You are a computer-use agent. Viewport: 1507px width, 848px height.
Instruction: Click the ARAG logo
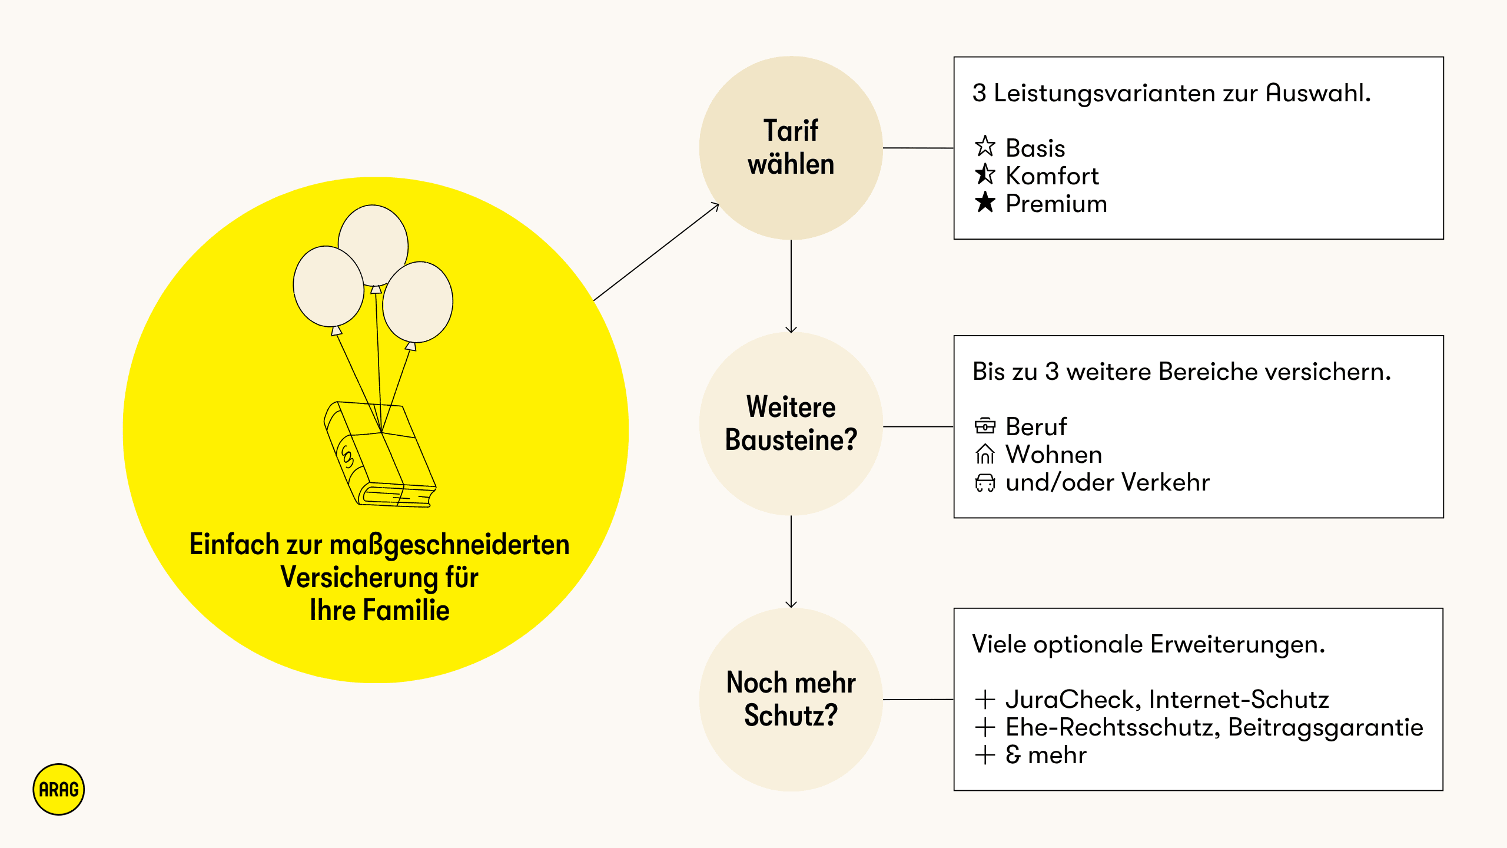(58, 789)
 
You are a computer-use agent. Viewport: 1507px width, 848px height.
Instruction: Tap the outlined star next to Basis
(985, 147)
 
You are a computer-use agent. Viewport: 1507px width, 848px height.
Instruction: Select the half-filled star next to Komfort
(985, 174)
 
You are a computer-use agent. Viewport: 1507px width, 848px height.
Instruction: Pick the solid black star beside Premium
(985, 203)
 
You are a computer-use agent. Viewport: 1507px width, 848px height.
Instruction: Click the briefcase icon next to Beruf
(985, 425)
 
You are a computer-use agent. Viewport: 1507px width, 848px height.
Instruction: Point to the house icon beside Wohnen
(985, 454)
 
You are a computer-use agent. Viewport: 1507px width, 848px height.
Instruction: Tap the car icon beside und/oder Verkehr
(985, 482)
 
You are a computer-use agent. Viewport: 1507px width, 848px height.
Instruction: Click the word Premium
(1056, 204)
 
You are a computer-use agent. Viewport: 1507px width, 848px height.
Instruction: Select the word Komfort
(1052, 176)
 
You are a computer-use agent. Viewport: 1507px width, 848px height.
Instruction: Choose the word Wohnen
(1054, 455)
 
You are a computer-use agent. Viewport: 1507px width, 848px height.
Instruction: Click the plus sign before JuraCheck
(985, 700)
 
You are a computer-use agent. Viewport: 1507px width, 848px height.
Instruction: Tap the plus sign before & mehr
(985, 755)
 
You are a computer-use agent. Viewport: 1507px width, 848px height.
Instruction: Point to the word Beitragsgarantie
(1325, 727)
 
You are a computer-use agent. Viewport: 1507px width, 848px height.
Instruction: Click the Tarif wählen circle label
(791, 147)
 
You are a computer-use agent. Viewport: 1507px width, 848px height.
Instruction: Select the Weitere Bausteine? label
(791, 423)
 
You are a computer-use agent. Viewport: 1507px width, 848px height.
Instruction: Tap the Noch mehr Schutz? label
(791, 699)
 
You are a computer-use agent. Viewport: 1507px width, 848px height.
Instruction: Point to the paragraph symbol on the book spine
(347, 456)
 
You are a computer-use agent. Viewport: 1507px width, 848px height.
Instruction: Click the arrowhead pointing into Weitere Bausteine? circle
(791, 329)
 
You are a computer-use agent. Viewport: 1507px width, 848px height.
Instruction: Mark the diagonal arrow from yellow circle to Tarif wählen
(656, 252)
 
